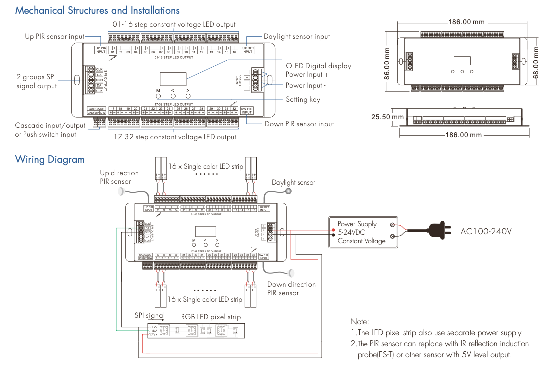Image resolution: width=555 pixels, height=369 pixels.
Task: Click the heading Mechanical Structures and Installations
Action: [97, 10]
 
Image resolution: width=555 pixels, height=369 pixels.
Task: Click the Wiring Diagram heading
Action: [50, 160]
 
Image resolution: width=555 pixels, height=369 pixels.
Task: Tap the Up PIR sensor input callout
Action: [55, 36]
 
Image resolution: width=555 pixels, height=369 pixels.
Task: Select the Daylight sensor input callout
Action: [297, 36]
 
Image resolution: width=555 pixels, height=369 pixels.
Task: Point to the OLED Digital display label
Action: [318, 66]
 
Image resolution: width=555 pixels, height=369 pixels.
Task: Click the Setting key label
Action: [303, 99]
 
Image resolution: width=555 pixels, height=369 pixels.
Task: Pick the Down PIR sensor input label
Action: [299, 124]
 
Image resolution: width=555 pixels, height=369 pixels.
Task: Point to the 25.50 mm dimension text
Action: [387, 117]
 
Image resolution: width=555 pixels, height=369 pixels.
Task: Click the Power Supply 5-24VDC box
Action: [363, 232]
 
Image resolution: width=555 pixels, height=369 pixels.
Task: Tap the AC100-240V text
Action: [486, 232]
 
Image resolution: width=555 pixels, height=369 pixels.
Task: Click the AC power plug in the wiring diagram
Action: [433, 231]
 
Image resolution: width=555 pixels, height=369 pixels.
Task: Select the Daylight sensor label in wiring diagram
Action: [294, 183]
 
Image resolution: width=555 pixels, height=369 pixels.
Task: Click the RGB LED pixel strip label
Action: [211, 317]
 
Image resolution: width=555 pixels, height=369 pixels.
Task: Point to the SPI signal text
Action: [149, 316]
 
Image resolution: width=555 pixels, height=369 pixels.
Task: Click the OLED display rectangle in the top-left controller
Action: [173, 79]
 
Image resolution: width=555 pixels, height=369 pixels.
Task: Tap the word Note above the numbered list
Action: [360, 322]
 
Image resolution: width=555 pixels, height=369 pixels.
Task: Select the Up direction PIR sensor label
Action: [119, 177]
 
